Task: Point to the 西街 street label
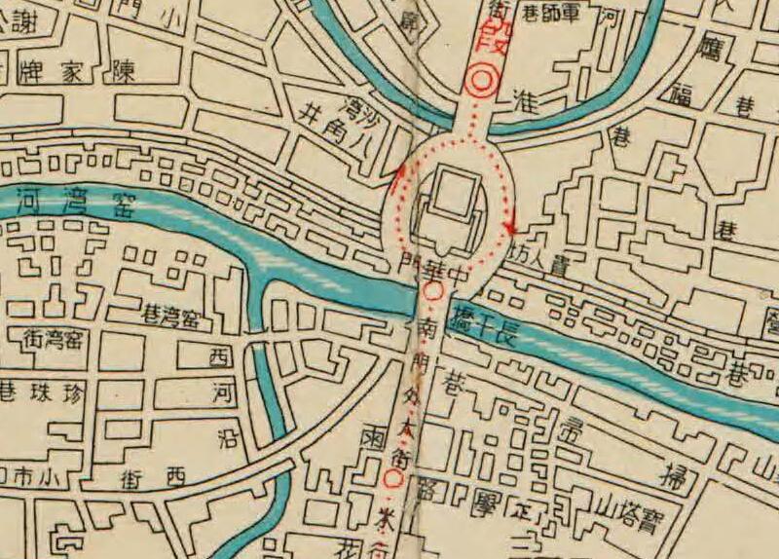[x=151, y=477]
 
